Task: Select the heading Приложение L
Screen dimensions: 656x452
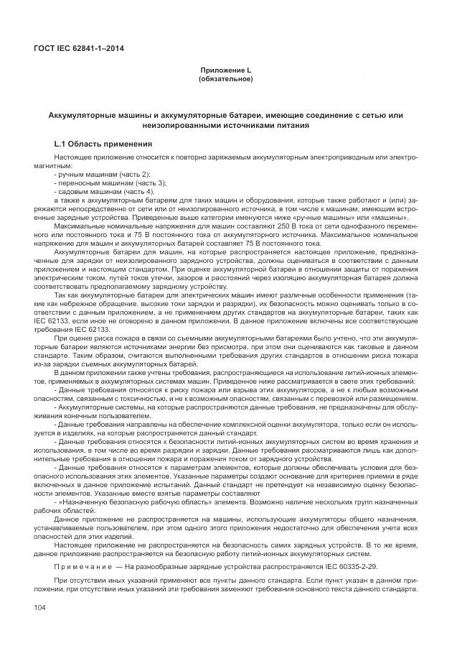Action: pos(225,70)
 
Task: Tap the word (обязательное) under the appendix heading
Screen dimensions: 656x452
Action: pos(225,78)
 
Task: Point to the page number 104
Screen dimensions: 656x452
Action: pos(40,609)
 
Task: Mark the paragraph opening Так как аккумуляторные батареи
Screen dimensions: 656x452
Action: pos(108,296)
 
